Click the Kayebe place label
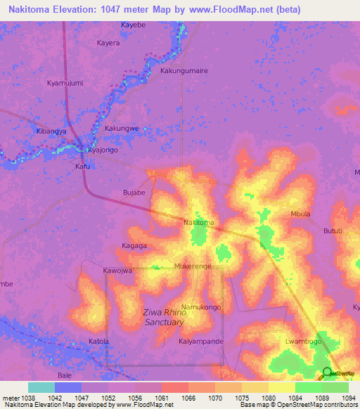[x=133, y=25]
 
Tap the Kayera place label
[x=108, y=42]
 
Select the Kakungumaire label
[x=185, y=71]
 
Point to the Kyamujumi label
[x=65, y=83]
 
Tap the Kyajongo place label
[x=102, y=150]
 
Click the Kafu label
[x=83, y=167]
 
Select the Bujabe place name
[x=134, y=192]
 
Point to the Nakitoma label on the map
[x=198, y=223]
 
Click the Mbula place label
[x=300, y=214]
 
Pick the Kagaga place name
[x=134, y=246]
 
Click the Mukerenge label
[x=193, y=267]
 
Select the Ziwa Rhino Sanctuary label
[x=164, y=317]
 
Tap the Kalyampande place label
[x=200, y=342]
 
